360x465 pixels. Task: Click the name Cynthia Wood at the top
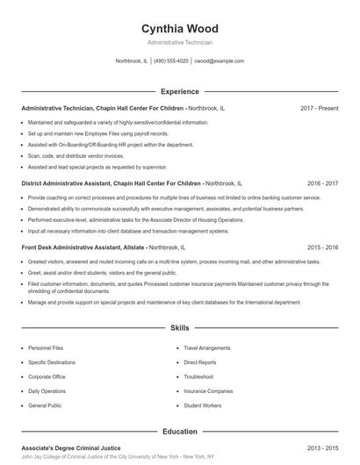[x=179, y=28]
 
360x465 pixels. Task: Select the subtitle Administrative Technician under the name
[x=179, y=42]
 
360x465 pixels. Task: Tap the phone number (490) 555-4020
[x=171, y=61]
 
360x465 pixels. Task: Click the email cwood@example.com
[x=220, y=61]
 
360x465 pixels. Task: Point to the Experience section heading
[x=179, y=91]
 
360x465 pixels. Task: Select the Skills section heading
[x=179, y=328]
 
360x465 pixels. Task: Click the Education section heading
[x=179, y=432]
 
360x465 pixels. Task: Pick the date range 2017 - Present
[x=319, y=108]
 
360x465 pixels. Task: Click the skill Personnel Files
[x=45, y=348]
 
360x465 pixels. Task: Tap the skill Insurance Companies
[x=207, y=391]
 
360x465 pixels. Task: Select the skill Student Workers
[x=202, y=405]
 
